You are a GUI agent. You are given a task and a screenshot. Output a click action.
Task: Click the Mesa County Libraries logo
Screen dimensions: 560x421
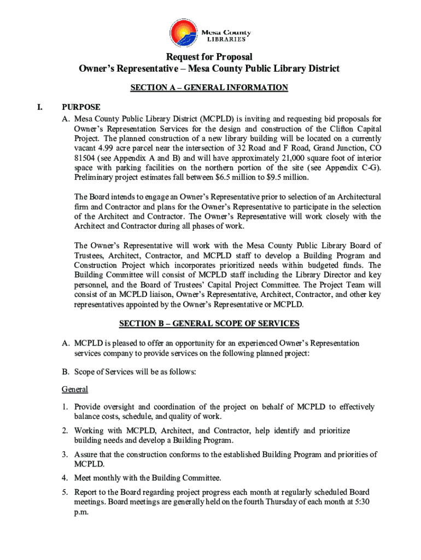coord(210,32)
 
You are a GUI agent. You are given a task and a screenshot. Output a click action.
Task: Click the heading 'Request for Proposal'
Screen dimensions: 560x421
coord(210,57)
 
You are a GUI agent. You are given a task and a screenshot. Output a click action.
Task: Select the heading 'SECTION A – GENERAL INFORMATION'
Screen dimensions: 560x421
coord(208,87)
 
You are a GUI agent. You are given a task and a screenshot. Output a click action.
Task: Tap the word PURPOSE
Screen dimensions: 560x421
coord(81,107)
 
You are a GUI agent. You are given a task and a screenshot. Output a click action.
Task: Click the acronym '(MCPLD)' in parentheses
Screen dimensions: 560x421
coord(217,118)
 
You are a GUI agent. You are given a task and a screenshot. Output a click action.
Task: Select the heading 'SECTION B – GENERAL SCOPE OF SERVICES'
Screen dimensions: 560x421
coord(209,324)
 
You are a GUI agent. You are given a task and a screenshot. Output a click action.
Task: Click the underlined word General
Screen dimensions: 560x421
coord(75,389)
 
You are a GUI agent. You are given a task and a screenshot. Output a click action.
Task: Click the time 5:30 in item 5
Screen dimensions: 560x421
coord(361,503)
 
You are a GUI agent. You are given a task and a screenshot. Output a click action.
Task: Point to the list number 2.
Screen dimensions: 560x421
coord(65,431)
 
